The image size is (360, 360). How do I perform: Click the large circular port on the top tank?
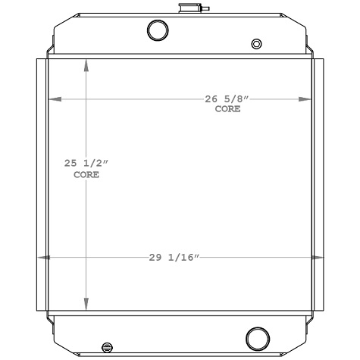coord(158,30)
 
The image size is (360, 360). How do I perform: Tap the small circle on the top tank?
coord(257,43)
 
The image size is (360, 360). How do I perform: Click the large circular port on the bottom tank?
coord(258,337)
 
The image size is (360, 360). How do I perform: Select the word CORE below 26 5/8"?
coord(227,109)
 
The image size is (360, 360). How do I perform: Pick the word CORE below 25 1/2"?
coord(86,174)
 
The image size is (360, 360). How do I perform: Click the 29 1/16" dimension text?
coord(174,258)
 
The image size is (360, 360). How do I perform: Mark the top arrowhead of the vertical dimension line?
coord(86,65)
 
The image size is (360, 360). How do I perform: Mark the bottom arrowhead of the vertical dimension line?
coord(86,301)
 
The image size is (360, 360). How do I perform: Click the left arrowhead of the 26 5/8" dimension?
coord(54,99)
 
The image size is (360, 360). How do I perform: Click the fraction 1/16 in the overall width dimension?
coord(185,258)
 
